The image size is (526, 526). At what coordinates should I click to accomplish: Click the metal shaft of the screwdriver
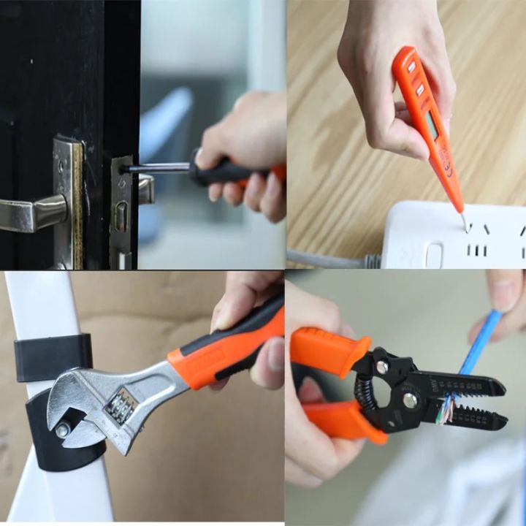pos(157,168)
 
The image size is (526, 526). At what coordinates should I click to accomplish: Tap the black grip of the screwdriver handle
pos(223,172)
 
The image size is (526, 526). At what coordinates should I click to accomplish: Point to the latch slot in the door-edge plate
pos(121,216)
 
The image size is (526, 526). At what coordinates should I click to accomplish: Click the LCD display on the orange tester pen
pos(432,125)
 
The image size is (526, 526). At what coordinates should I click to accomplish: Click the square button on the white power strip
pos(434,256)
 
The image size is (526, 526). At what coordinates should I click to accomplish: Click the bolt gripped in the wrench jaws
pos(64,430)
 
